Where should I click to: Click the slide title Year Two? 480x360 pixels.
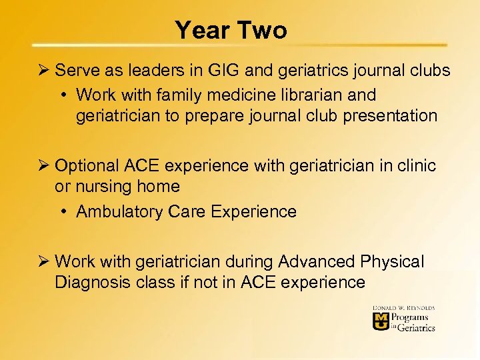[x=231, y=30]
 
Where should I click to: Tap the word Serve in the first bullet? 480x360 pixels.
[x=77, y=70]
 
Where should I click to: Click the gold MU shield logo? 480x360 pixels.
[x=380, y=322]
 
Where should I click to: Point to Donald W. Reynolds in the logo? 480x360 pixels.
[x=403, y=307]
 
